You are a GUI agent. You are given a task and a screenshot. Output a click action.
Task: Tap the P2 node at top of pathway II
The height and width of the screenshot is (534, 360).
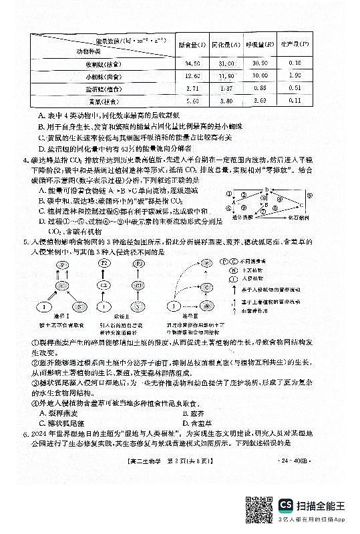click(x=122, y=264)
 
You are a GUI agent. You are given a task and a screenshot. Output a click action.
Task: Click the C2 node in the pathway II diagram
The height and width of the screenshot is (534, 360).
click(x=122, y=286)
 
